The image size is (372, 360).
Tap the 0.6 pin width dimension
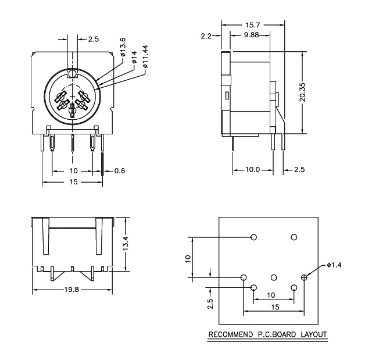coord(120,170)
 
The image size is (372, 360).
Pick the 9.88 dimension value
coord(251,35)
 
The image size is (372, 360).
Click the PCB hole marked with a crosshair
coord(304,278)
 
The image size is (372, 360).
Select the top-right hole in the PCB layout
coord(294,237)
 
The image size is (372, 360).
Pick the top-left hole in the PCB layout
coord(253,237)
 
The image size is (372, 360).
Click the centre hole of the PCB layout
coord(274,278)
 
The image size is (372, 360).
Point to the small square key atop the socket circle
coord(71,74)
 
